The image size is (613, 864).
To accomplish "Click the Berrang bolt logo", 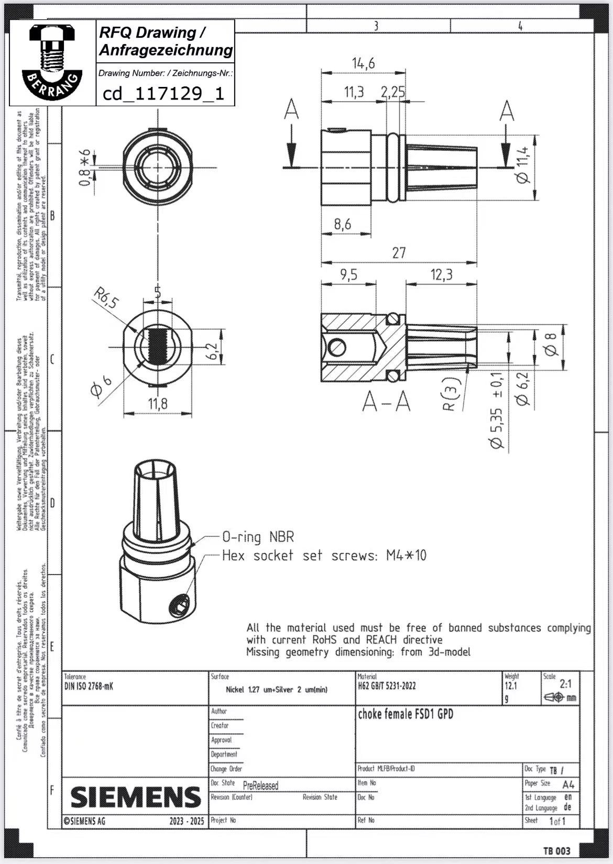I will click(52, 62).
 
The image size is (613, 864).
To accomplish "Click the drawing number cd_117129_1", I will click(163, 94).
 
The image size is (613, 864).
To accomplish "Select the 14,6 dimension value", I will click(363, 64).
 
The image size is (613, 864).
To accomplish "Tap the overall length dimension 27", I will click(399, 253).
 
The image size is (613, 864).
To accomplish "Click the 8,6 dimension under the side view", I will click(343, 225).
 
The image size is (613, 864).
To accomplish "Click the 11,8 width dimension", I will click(157, 404).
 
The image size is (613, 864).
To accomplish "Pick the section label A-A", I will click(387, 403).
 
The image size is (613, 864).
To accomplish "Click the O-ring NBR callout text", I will click(258, 537).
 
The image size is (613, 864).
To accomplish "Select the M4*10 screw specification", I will click(406, 556).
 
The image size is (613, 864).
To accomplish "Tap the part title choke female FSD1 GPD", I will click(405, 714).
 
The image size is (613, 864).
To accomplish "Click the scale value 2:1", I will click(566, 684).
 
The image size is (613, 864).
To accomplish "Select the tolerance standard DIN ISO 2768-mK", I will click(89, 686).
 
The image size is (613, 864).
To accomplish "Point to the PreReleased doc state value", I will click(260, 785).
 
